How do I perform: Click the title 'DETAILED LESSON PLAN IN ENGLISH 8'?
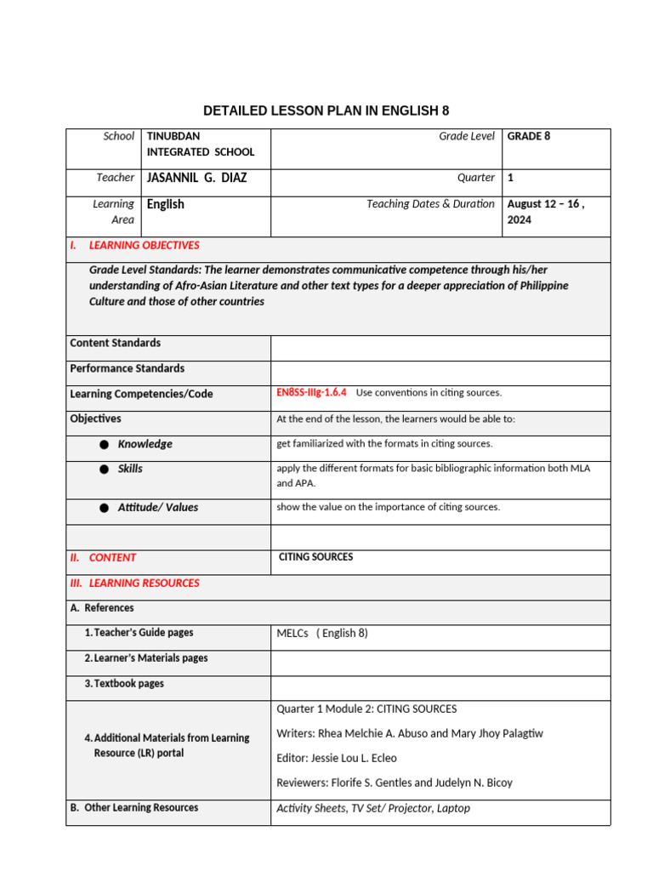[x=326, y=111]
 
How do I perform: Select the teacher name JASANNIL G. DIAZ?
[x=196, y=178]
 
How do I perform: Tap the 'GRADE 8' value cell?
[x=529, y=136]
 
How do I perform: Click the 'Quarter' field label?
[x=476, y=178]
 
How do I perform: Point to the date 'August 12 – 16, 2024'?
[x=545, y=211]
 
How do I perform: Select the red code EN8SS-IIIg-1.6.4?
[x=311, y=393]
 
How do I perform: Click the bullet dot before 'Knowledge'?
[x=104, y=445]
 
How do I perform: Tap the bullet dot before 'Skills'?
[x=104, y=470]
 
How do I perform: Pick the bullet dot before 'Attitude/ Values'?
[x=104, y=508]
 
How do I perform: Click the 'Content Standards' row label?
[x=115, y=343]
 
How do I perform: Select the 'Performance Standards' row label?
[x=127, y=368]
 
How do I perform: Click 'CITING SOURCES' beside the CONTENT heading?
[x=315, y=557]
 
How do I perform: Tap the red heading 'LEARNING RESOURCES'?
[x=144, y=583]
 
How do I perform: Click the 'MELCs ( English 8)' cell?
[x=322, y=633]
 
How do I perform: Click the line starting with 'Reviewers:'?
[x=394, y=783]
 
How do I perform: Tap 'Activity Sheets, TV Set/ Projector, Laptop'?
[x=372, y=808]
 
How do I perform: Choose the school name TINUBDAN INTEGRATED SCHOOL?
[x=200, y=144]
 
